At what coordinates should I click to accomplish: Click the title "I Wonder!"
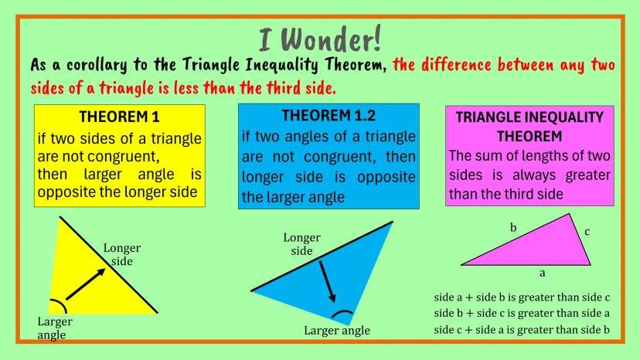320,39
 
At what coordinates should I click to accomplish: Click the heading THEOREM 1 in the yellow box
119,117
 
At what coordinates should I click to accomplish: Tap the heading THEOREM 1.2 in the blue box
329,116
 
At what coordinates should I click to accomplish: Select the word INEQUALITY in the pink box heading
559,117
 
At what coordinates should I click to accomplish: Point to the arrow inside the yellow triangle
86,284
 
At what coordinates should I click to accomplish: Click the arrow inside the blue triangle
328,282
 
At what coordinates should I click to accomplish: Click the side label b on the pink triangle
513,227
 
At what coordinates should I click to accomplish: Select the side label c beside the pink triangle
587,232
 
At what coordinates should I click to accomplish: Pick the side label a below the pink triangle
542,273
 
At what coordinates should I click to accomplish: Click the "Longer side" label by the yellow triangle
121,254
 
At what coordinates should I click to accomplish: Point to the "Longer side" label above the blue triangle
302,244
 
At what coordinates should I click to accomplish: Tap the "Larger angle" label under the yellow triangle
55,328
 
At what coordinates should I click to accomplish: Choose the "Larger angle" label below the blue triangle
337,330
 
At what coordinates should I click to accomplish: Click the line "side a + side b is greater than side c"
522,297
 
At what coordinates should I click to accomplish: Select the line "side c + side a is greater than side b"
522,329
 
